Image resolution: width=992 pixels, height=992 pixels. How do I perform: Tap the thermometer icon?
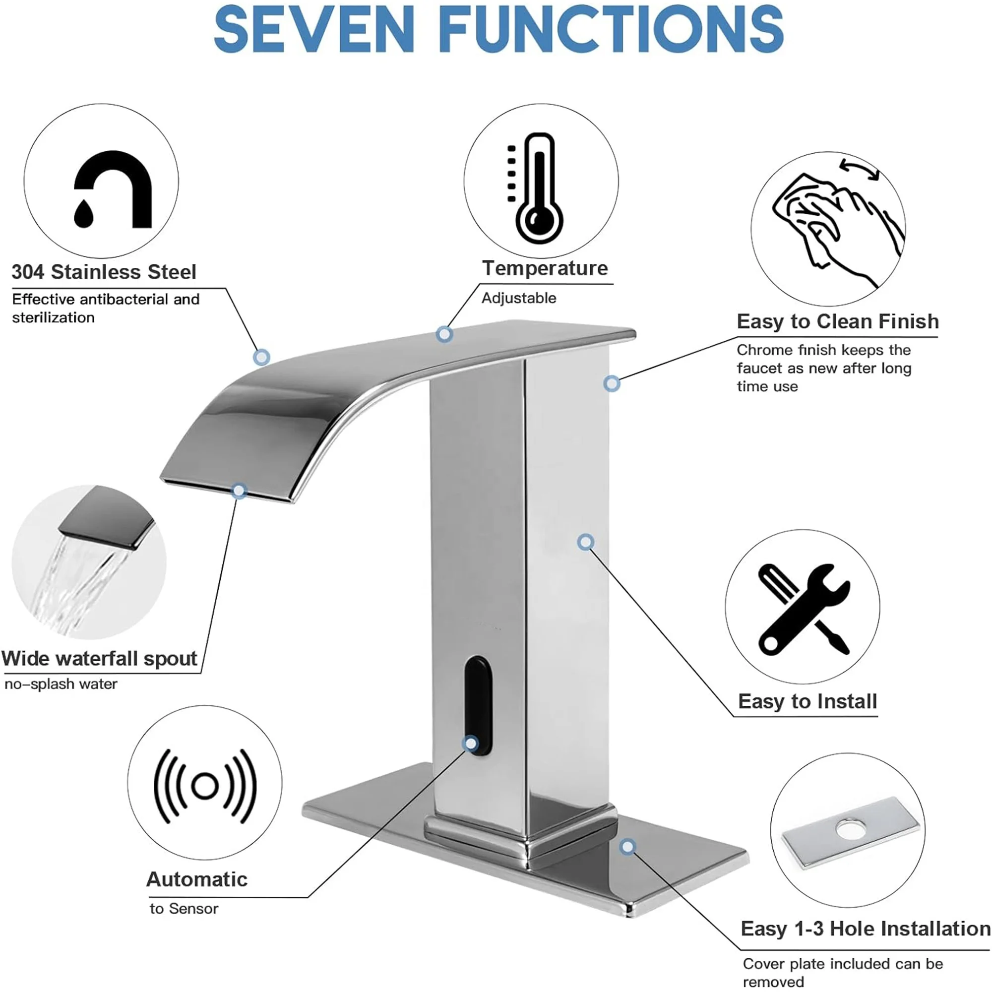(537, 187)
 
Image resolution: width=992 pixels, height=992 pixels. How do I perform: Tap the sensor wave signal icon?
(204, 786)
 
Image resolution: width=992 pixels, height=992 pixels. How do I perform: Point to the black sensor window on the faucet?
(478, 703)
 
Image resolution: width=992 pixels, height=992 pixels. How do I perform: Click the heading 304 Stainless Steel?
(104, 272)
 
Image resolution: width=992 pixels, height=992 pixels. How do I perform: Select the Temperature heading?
(545, 268)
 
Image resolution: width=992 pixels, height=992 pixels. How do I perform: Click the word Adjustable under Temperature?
(519, 298)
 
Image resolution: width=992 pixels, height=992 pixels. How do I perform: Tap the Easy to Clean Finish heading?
(837, 321)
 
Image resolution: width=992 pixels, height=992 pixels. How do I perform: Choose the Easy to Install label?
(807, 701)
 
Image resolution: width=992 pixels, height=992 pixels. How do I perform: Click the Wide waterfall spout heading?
(99, 659)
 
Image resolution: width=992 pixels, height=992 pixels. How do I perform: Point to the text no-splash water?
(61, 684)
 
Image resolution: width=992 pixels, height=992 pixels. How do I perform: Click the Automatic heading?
(196, 879)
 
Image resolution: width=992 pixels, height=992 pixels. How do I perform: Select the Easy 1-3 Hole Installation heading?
(865, 929)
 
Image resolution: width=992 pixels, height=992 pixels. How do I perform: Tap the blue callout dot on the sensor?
(470, 743)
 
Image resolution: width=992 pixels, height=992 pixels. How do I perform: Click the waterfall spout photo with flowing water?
(88, 562)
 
